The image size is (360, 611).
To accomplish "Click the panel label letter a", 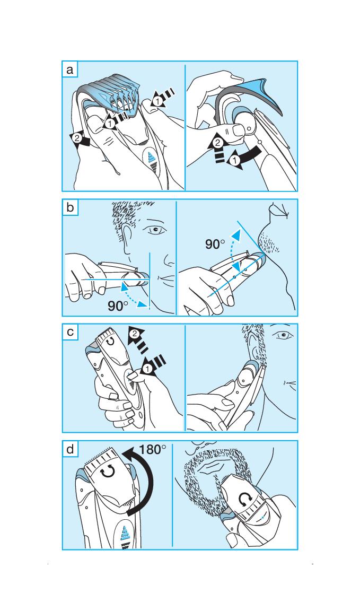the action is [70, 70].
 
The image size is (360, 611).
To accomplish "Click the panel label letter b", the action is [70, 207].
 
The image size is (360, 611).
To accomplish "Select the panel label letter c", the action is [70, 333].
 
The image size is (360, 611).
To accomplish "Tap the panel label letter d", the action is [70, 449].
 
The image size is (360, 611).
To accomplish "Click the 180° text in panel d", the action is [152, 450].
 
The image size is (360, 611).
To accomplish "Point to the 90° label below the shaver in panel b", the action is [118, 306].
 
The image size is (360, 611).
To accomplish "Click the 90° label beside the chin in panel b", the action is [215, 245].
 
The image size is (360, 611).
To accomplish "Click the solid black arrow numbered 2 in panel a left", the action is [80, 140].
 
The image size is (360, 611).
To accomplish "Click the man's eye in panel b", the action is [155, 230].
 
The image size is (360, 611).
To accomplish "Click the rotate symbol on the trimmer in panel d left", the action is [108, 472].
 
